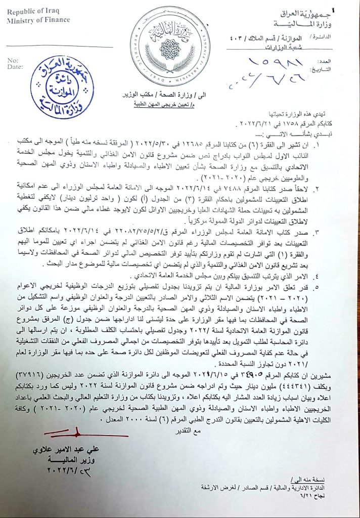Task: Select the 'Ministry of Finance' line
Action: pos(38,20)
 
